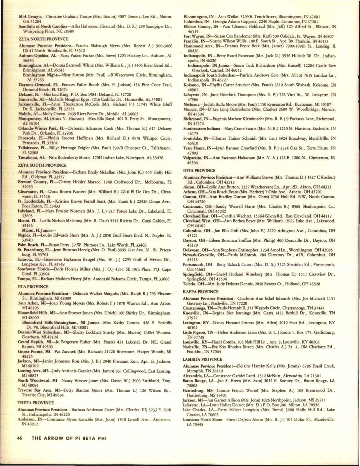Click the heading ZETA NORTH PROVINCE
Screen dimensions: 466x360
pos(43,39)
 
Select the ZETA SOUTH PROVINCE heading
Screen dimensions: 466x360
pos(43,165)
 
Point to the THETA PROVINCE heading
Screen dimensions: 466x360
pos(36,403)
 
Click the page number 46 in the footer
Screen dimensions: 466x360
pos(20,438)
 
